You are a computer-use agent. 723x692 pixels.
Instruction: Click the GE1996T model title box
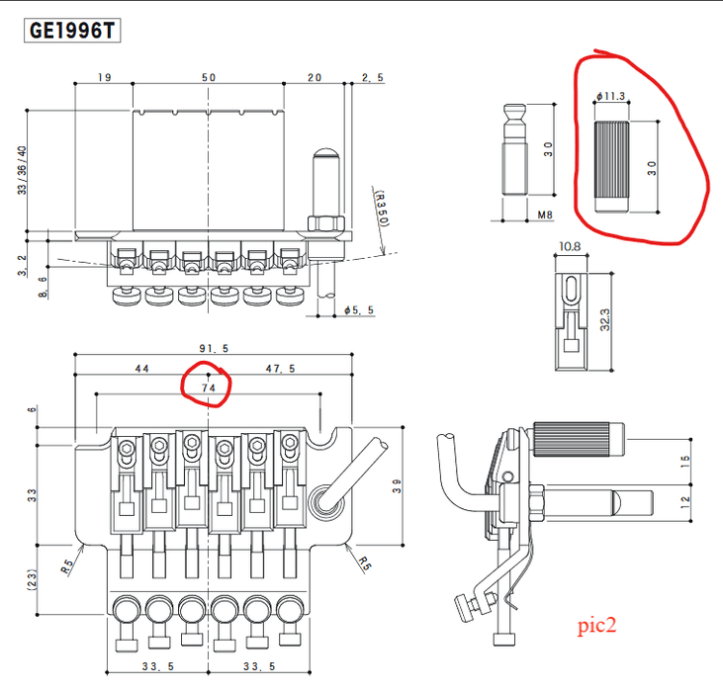pyautogui.click(x=72, y=31)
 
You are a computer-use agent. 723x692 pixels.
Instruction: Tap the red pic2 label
pyautogui.click(x=596, y=626)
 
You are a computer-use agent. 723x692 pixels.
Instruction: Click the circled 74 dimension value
pyautogui.click(x=209, y=388)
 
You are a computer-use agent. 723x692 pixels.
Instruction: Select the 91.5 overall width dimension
pyautogui.click(x=214, y=348)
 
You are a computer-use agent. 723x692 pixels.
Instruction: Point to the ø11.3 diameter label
pyautogui.click(x=610, y=96)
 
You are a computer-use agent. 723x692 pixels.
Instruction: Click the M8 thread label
pyautogui.click(x=545, y=215)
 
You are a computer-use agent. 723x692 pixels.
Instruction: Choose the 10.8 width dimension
pyautogui.click(x=570, y=246)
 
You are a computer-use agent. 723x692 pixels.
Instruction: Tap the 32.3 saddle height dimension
pyautogui.click(x=605, y=319)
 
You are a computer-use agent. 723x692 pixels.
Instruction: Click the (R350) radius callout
pyautogui.click(x=383, y=209)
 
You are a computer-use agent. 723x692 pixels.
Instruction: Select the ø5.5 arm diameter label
pyautogui.click(x=359, y=310)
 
